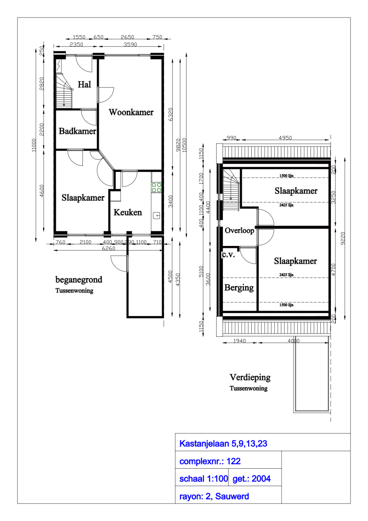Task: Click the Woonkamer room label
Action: click(131, 112)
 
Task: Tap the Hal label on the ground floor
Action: click(84, 85)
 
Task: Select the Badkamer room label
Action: click(77, 131)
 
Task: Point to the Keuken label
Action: click(128, 212)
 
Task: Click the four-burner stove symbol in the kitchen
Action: click(156, 187)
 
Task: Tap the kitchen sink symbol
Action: click(157, 215)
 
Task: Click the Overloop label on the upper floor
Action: click(239, 230)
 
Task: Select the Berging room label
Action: click(239, 288)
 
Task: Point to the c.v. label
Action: click(228, 254)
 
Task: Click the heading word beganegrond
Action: click(79, 280)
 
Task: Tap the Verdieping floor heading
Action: click(250, 377)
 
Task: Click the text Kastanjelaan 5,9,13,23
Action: click(223, 444)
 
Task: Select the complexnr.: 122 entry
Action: click(210, 461)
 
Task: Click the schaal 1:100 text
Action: click(203, 479)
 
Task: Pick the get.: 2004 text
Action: click(251, 479)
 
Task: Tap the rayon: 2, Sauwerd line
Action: click(214, 496)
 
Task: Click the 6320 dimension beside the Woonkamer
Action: click(170, 114)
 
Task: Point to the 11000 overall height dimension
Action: click(34, 145)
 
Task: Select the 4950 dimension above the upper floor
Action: click(285, 138)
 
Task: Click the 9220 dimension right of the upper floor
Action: click(343, 238)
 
